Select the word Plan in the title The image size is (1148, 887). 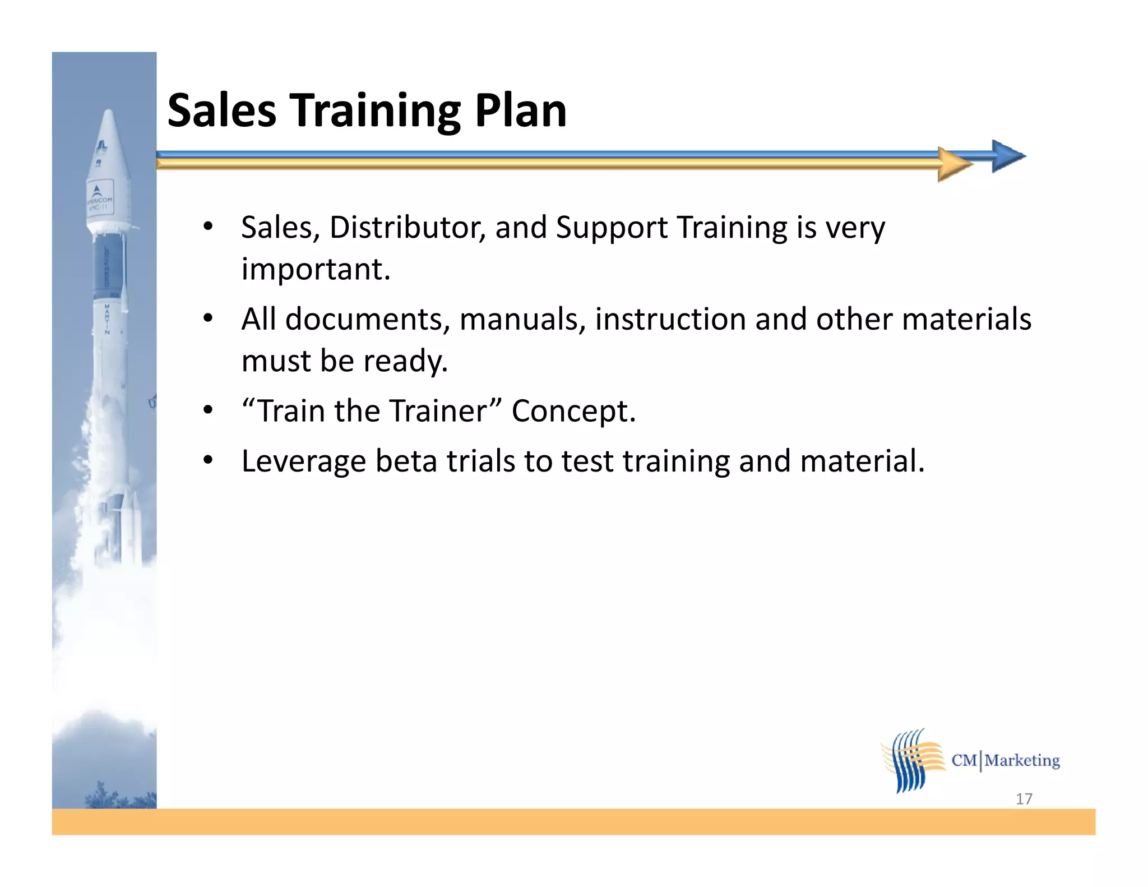(520, 110)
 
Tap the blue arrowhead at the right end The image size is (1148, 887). (1007, 156)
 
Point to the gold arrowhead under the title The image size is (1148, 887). (954, 164)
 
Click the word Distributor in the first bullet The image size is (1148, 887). (408, 228)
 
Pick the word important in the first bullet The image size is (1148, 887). (316, 269)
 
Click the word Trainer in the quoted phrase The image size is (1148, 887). (439, 411)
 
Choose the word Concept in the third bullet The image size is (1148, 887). (573, 411)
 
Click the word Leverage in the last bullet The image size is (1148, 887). (303, 461)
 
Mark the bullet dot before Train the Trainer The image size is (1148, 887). (208, 410)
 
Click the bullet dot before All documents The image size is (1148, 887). (208, 318)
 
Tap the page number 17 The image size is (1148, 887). (1024, 798)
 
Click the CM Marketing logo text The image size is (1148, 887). (1006, 760)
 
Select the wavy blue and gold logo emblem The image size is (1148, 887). (913, 760)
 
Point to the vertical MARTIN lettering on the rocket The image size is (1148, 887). (107, 319)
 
